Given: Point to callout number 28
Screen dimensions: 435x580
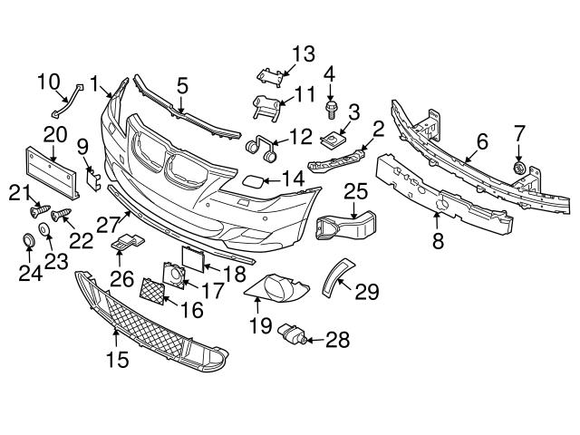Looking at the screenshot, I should pyautogui.click(x=337, y=340).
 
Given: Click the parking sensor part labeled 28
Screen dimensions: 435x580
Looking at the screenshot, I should pyautogui.click(x=293, y=333).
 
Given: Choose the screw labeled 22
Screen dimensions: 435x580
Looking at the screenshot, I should pyautogui.click(x=62, y=216).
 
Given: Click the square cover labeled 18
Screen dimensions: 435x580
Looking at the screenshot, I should pyautogui.click(x=193, y=256).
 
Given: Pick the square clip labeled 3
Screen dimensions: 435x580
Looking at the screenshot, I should pyautogui.click(x=333, y=140).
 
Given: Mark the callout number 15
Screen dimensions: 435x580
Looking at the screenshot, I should pyautogui.click(x=117, y=359).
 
